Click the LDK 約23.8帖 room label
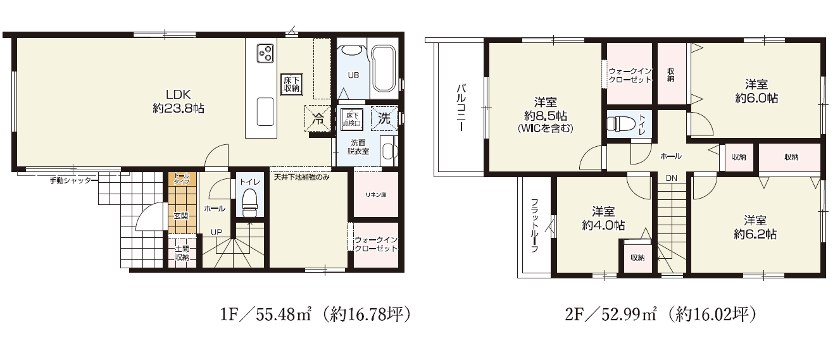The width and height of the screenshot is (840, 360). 179,101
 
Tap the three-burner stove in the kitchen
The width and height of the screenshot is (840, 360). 265,53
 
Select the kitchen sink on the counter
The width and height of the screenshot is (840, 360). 265,112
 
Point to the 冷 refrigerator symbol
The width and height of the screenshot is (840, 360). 318,118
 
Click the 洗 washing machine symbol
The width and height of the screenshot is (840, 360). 384,118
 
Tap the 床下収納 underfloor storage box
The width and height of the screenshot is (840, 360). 291,84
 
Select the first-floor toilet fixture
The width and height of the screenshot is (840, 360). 249,203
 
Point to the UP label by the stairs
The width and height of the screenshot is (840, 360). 216,232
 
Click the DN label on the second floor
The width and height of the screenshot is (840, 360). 671,178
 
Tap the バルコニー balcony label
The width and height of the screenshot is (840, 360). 461,108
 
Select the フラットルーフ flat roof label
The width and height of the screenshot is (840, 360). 535,225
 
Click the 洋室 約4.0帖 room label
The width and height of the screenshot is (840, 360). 603,218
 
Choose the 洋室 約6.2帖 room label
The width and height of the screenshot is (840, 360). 755,227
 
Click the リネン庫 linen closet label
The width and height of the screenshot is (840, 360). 376,195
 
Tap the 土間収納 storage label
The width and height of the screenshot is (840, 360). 182,253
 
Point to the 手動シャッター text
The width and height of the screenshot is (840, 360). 70,180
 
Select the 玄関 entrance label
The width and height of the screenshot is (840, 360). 181,216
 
